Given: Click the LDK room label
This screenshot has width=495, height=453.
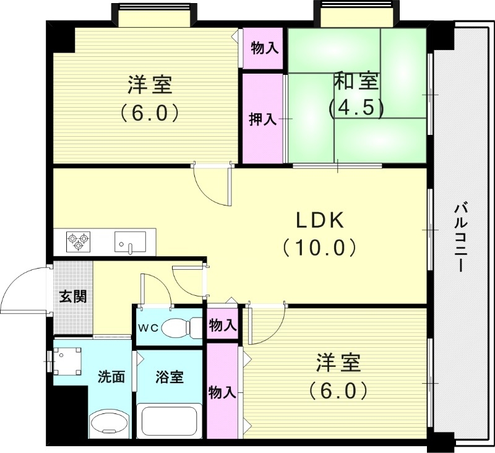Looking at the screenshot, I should (319, 220).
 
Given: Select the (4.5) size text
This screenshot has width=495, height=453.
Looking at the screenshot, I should (356, 108).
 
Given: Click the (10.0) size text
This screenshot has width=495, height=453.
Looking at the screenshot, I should (319, 248).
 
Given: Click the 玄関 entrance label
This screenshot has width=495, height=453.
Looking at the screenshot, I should (73, 296).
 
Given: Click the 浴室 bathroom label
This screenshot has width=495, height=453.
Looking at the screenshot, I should (169, 376).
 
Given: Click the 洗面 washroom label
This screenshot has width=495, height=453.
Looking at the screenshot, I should (111, 376).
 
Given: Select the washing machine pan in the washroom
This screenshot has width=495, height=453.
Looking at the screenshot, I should (67, 360).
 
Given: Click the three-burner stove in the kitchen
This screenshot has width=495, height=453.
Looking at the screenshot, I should (79, 240).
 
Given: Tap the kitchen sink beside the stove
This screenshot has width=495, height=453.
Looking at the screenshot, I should (130, 241).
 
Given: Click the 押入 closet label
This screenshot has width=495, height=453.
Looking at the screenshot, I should (262, 118).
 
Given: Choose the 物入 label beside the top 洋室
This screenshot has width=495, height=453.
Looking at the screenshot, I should (264, 48).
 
